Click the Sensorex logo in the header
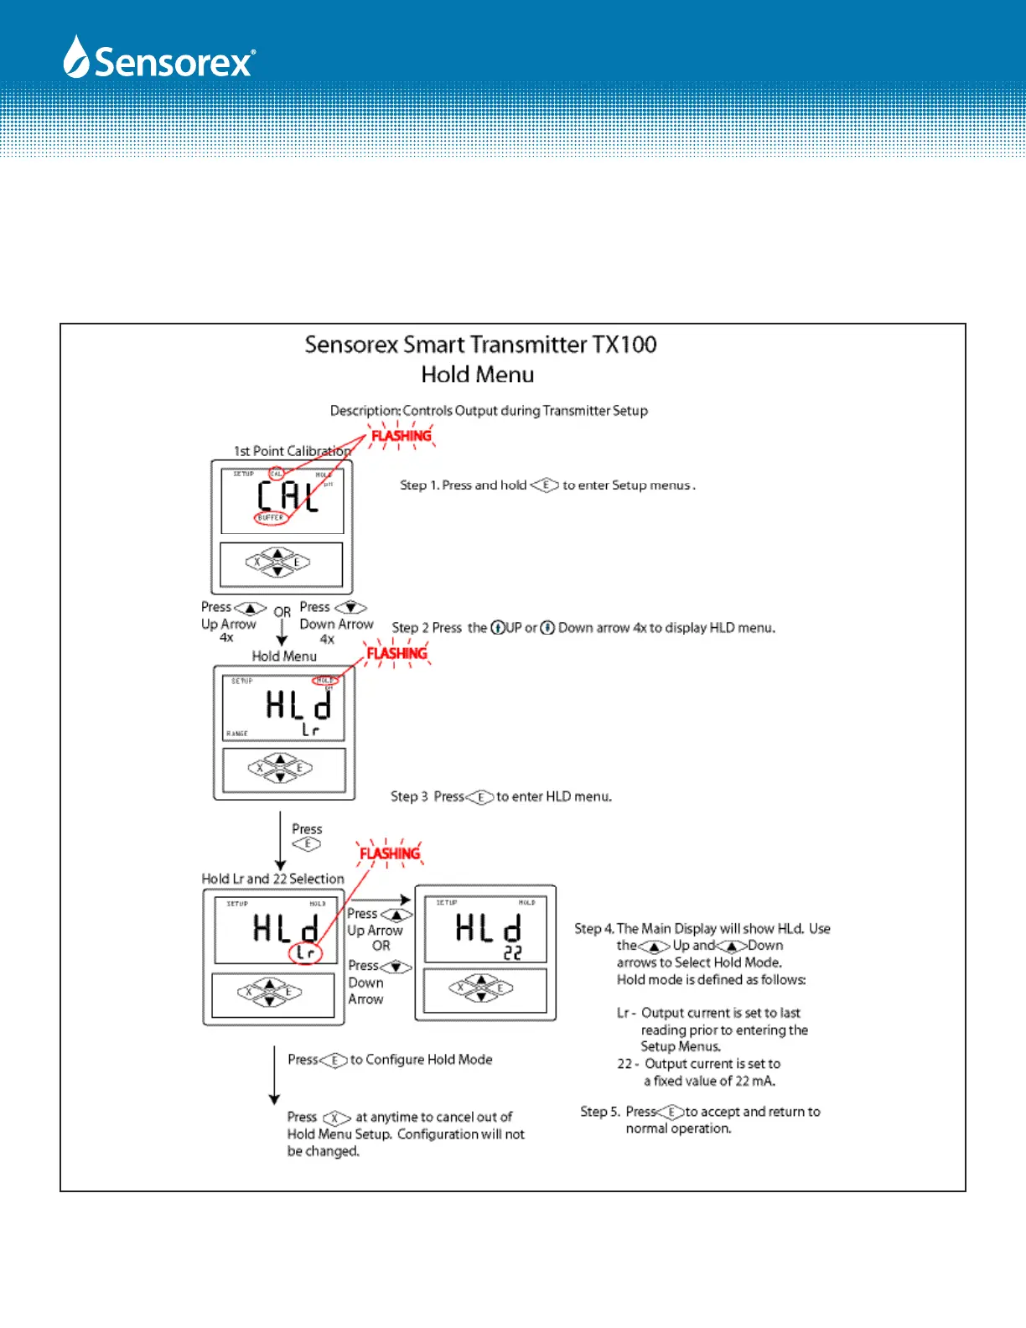click(x=159, y=59)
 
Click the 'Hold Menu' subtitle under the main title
click(x=477, y=375)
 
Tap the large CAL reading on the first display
click(x=288, y=496)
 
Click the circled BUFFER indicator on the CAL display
click(x=271, y=518)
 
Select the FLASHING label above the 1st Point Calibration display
click(x=401, y=436)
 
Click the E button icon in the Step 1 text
click(x=545, y=485)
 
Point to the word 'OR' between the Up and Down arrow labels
click(x=282, y=613)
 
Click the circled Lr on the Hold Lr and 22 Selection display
click(x=306, y=953)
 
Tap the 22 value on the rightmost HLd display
click(x=513, y=953)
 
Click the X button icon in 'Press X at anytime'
click(x=336, y=1118)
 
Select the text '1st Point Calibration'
click(x=292, y=451)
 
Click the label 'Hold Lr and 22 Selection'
click(x=272, y=879)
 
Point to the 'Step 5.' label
click(x=600, y=1112)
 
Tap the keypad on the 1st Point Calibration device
click(x=277, y=562)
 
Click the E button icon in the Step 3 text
click(x=480, y=796)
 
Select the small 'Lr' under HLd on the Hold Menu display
click(x=311, y=730)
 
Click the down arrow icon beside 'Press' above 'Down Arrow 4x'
click(x=350, y=607)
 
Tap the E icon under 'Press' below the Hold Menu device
click(x=307, y=844)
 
